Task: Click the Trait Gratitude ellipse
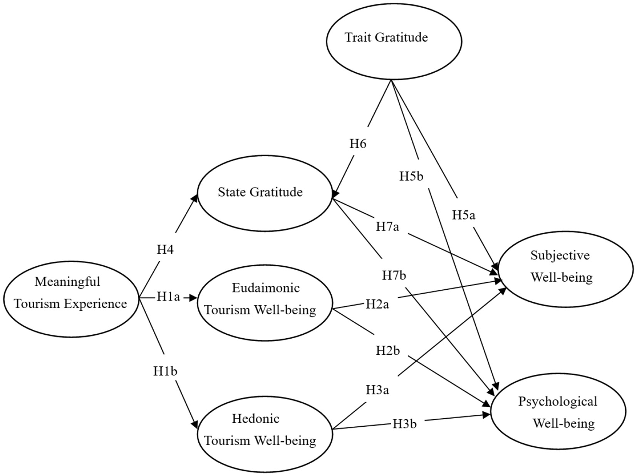394,41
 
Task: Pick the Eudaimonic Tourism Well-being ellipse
265,302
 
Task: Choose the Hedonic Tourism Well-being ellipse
265,434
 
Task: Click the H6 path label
358,144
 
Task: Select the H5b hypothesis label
411,176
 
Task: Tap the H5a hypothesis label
463,215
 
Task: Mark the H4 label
165,250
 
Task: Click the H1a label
168,297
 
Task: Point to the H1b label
165,371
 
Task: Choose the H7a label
387,227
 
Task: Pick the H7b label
394,276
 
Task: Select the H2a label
377,305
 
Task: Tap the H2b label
387,351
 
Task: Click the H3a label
377,390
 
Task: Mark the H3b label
404,424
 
